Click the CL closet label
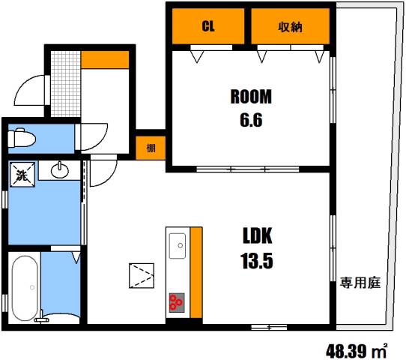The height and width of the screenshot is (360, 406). (x=208, y=26)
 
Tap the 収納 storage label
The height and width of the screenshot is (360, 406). (x=291, y=26)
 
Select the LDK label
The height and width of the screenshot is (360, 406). (x=256, y=238)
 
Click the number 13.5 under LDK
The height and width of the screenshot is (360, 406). (x=256, y=262)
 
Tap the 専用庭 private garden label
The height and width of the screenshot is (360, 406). (x=360, y=283)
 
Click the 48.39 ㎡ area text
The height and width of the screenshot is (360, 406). (x=357, y=349)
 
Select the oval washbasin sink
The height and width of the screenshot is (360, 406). (x=60, y=172)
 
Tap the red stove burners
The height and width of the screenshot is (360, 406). (x=178, y=302)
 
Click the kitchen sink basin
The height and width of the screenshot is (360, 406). (x=178, y=244)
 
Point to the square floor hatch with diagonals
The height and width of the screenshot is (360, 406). (x=141, y=274)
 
